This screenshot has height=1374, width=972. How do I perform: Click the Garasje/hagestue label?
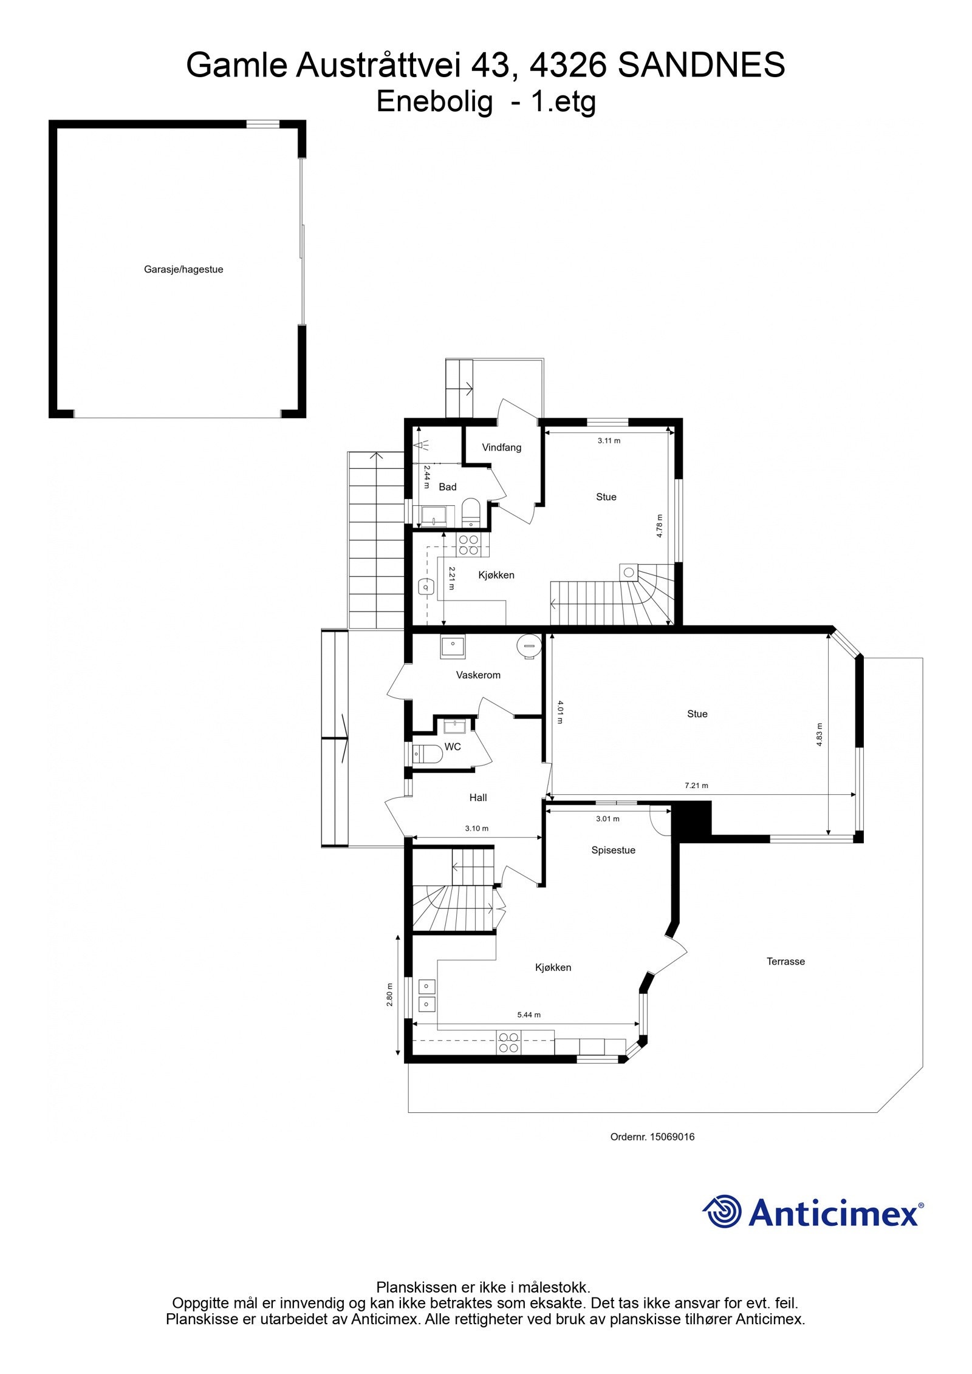pos(183,270)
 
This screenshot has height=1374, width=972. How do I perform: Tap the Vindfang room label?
pos(501,447)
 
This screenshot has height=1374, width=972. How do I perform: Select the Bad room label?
pos(447,486)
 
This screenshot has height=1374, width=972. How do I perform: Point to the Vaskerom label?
pos(478,675)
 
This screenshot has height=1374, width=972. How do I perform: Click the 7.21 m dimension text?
pos(696,785)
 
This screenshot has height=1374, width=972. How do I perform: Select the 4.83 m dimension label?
pos(819,734)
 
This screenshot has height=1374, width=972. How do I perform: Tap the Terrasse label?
pos(785,961)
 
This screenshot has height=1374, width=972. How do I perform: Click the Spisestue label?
pos(613,850)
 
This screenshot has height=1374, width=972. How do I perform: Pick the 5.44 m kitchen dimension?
pos(528,1015)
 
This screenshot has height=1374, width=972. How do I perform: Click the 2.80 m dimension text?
pos(389,995)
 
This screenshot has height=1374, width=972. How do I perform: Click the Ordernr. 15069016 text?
pos(652,1137)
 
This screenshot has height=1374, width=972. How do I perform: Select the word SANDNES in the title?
pos(701,65)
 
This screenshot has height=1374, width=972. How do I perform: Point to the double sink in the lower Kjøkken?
pos(426,996)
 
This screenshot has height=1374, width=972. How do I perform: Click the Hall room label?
pos(477,798)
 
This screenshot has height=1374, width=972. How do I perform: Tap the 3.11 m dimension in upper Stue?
pos(609,441)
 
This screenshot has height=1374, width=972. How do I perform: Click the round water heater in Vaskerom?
pos(527,646)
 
